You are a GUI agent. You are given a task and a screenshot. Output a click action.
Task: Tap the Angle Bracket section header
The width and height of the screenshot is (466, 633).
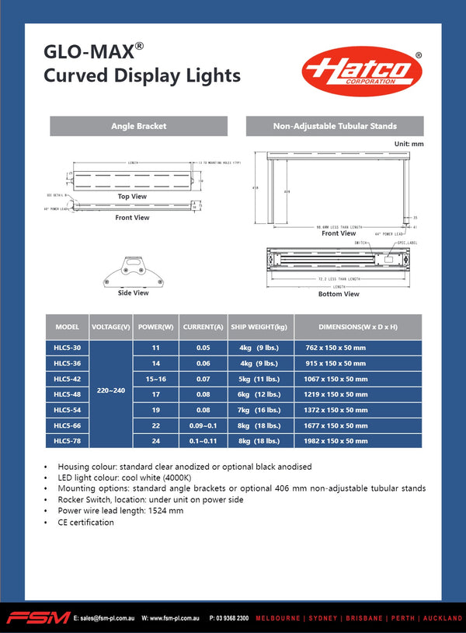point(138,126)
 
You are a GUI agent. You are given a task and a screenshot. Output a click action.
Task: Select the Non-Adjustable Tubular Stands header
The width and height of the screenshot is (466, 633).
point(335,126)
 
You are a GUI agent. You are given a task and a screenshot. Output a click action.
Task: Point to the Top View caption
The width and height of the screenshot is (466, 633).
point(132,197)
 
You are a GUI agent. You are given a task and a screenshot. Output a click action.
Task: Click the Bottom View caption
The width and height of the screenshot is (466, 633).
point(339,294)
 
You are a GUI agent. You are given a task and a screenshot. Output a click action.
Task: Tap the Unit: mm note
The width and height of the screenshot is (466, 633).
point(409,144)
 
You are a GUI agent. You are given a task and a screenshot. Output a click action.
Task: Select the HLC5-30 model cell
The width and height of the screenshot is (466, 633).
point(68,348)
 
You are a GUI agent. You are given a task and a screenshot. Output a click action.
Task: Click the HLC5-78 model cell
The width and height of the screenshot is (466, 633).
point(68,441)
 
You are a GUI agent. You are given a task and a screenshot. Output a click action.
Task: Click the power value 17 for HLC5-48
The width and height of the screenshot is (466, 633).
point(155,394)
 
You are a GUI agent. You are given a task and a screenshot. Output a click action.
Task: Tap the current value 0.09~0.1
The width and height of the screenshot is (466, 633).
point(203,425)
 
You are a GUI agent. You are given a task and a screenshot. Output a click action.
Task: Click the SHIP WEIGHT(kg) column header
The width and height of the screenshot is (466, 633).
point(259,327)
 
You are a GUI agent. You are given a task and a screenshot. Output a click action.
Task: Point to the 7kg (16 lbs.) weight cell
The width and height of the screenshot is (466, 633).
point(259,410)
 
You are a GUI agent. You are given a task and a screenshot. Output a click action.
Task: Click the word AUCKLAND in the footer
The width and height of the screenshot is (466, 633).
point(442,619)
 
